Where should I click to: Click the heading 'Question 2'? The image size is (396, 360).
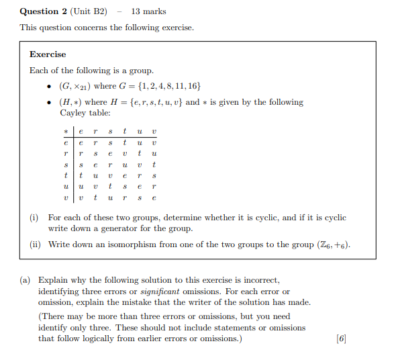coord(44,11)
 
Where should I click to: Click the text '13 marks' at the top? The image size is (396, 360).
coord(149,11)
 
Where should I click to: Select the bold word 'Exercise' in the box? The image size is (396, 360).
coord(48,54)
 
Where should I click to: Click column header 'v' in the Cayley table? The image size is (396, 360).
coord(154,132)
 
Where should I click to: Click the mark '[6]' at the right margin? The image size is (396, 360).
coord(342,338)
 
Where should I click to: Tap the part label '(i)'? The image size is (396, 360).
coord(34,218)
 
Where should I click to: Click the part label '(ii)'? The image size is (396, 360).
coord(36,244)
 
